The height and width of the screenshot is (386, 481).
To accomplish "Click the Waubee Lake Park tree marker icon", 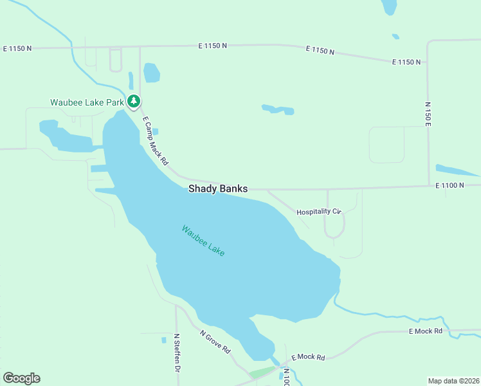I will (134, 101).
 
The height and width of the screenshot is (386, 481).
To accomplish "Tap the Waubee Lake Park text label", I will (87, 102).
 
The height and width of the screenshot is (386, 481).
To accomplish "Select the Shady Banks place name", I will (217, 188).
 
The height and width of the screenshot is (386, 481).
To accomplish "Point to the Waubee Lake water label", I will (203, 241).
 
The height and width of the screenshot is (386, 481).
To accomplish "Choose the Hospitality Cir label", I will (318, 212).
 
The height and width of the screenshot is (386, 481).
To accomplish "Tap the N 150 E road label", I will (427, 114).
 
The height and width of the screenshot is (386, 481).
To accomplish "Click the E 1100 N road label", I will (449, 185).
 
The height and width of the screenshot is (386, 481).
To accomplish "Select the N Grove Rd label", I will (215, 342).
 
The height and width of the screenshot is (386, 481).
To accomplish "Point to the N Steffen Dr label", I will (176, 353).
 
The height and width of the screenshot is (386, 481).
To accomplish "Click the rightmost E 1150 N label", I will (406, 62).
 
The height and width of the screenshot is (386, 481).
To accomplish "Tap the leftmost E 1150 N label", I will (17, 48).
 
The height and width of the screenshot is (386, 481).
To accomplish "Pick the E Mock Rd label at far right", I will (426, 331).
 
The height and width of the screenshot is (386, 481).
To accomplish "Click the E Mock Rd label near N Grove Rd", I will (308, 357).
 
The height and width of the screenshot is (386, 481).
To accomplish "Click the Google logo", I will (21, 378).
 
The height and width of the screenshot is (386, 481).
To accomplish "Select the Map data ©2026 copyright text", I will (453, 380).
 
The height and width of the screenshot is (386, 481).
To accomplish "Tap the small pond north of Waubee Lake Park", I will (152, 73).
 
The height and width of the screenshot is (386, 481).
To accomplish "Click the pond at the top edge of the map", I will (389, 6).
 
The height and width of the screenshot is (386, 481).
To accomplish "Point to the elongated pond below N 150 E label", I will (456, 170).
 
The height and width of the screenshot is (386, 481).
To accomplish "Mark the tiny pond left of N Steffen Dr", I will (163, 340).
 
